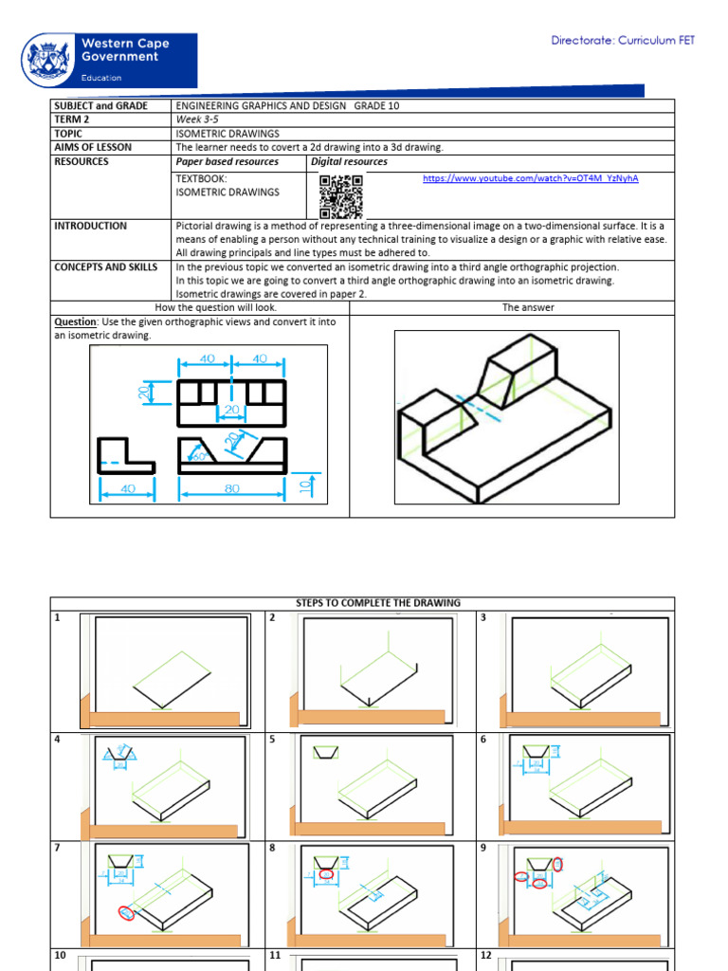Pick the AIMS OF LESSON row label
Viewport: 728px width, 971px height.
tap(93, 148)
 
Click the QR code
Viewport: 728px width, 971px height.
tap(340, 196)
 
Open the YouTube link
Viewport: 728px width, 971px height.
tap(530, 178)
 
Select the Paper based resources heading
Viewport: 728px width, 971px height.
tap(227, 162)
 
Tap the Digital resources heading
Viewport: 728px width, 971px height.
tap(350, 162)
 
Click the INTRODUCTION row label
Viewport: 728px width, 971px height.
tap(90, 226)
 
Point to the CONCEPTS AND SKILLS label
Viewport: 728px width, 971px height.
tap(105, 267)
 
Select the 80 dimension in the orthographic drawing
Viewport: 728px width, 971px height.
tap(231, 489)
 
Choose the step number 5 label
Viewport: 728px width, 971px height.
tap(273, 739)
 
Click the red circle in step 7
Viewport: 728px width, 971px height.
tap(127, 912)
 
